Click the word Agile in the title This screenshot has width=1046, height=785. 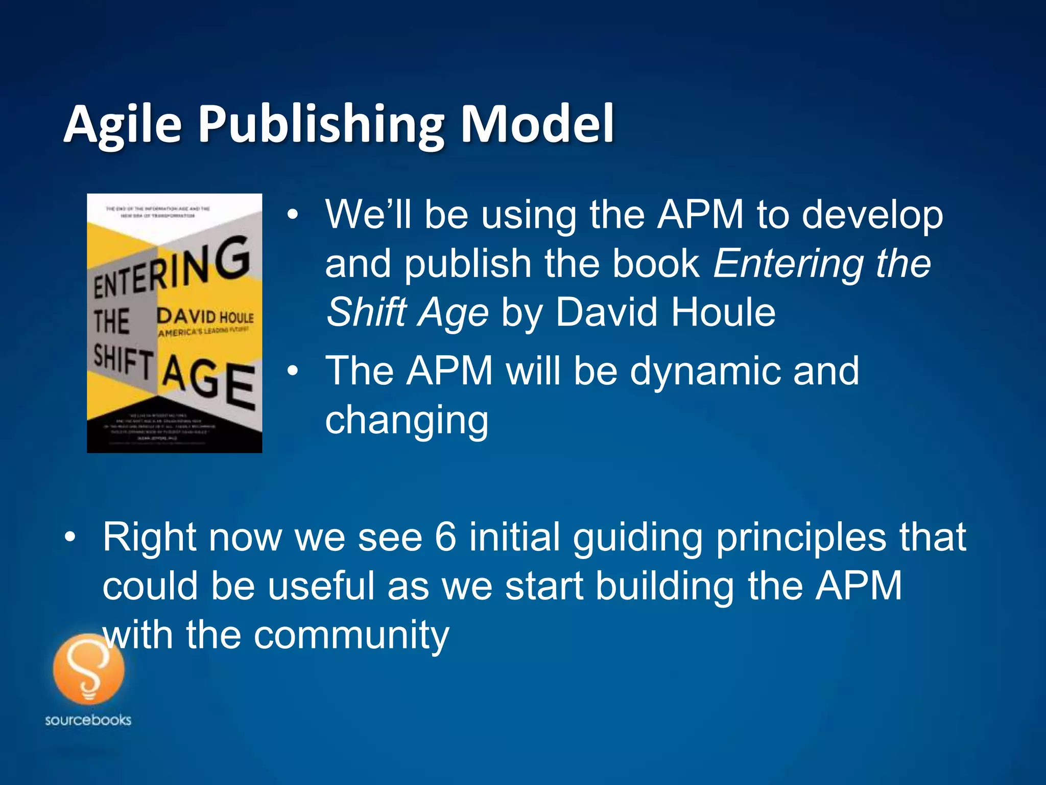[123, 124]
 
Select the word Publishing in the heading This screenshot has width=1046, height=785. [321, 124]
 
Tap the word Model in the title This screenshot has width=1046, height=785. [537, 124]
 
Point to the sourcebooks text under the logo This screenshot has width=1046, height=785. [88, 720]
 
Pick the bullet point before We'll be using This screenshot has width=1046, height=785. [292, 215]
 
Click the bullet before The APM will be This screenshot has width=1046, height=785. [292, 371]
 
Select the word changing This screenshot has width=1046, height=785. [407, 420]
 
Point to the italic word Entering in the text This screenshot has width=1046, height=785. [788, 264]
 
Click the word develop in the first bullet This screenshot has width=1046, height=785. [872, 215]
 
